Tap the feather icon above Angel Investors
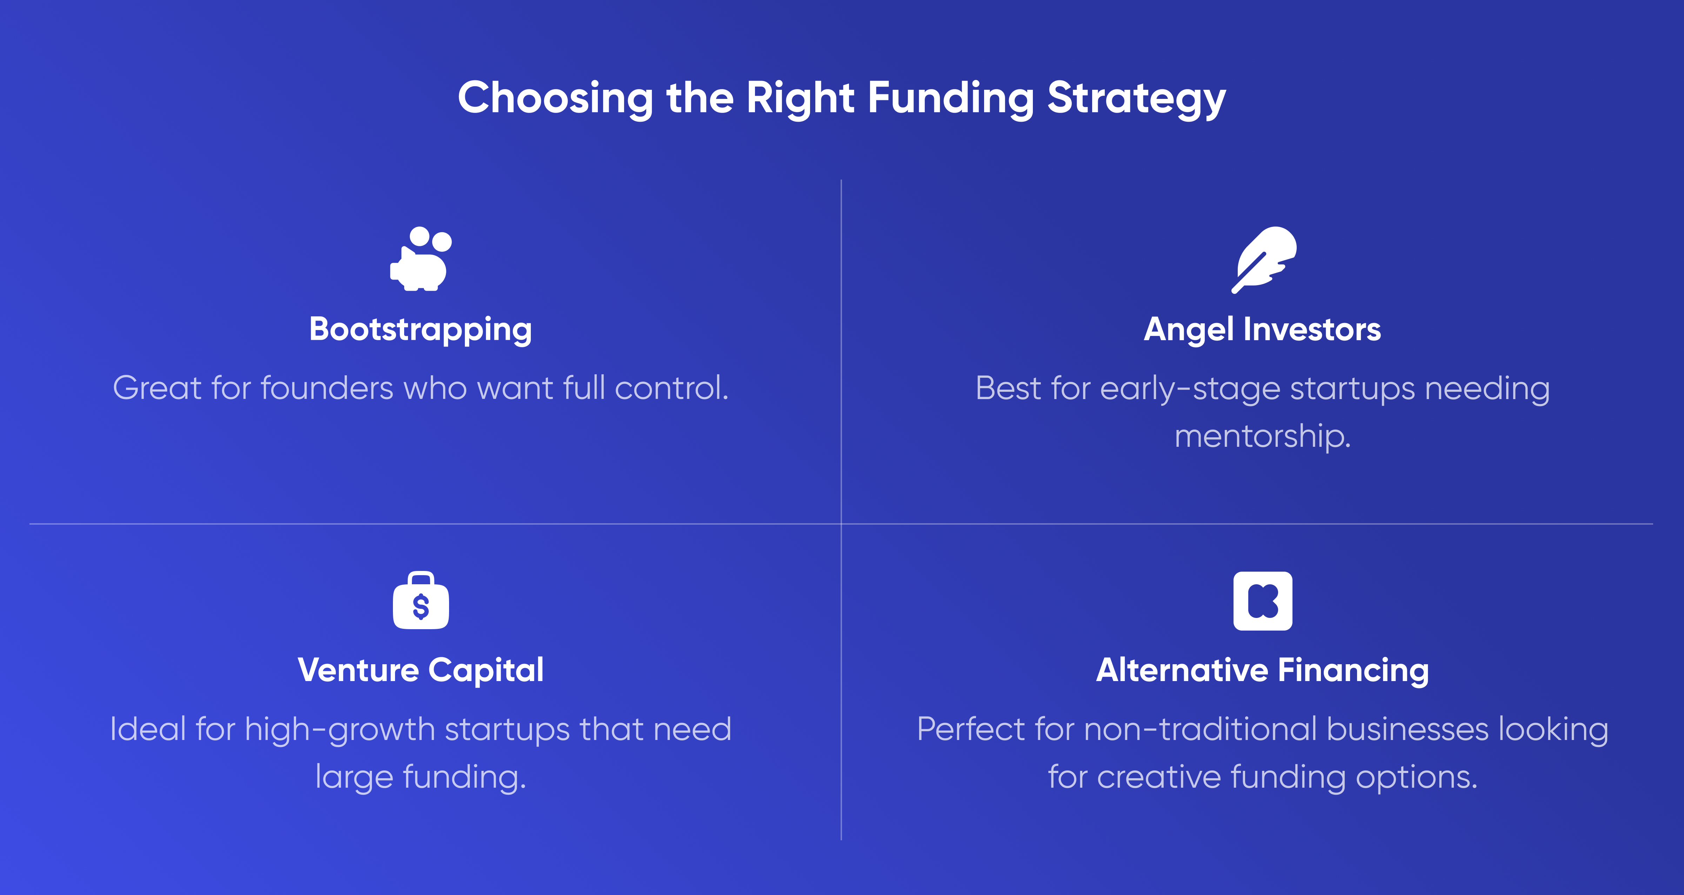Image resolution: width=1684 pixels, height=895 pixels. tap(1264, 260)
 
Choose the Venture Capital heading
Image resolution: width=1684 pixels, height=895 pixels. tap(420, 670)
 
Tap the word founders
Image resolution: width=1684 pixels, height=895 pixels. tap(327, 388)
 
